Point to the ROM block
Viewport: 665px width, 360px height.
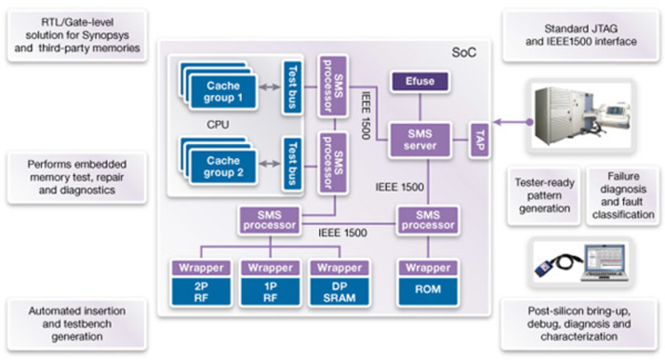427,289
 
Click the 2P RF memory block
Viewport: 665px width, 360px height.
202,289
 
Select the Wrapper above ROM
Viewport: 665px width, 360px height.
427,268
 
